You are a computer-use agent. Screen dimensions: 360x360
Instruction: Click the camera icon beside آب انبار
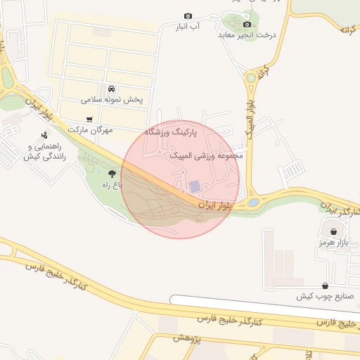coord(188,15)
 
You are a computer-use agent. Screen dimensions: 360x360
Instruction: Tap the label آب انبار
coord(188,27)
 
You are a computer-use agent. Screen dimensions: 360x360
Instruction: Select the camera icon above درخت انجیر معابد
coord(247,24)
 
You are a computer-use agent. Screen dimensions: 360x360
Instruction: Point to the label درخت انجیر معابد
coord(247,34)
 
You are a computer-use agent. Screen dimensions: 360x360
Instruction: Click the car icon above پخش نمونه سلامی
coord(112,89)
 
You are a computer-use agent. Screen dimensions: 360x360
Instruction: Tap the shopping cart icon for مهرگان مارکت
coord(89,120)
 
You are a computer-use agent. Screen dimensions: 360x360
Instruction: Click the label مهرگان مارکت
coord(86,131)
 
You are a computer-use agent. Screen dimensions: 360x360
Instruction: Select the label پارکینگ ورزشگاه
coord(171,131)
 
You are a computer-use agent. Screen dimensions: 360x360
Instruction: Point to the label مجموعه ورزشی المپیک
coord(207,155)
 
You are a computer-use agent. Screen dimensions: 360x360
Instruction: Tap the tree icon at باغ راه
coord(112,172)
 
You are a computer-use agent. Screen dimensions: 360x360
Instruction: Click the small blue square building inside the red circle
coord(194,186)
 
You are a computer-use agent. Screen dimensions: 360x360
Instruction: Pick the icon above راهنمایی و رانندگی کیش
coord(44,135)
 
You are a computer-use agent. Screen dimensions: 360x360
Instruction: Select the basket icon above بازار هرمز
coord(333,231)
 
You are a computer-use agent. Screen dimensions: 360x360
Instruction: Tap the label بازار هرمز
coord(333,243)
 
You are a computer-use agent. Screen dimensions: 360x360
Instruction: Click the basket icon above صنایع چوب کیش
coord(324,285)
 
